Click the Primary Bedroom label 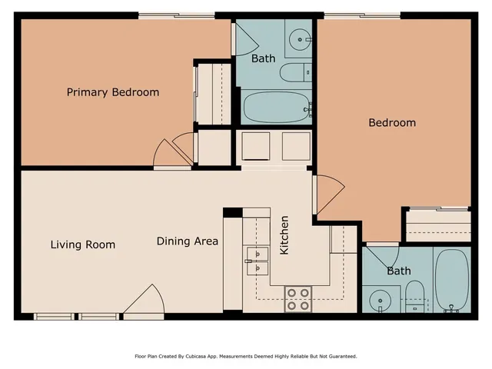tap(113, 92)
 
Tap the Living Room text tap(83, 244)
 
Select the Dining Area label tap(188, 241)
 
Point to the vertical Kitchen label tap(284, 236)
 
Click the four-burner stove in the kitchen tap(298, 299)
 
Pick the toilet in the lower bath tap(415, 295)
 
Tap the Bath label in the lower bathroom tap(398, 271)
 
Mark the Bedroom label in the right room tap(392, 123)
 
